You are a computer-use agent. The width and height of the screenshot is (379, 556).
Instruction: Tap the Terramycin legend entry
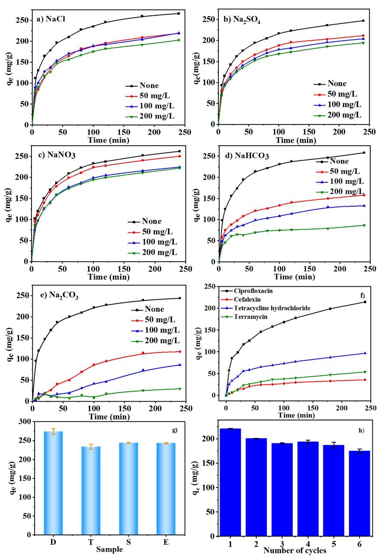point(248,317)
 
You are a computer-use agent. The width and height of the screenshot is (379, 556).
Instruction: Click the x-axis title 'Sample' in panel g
point(109,549)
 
